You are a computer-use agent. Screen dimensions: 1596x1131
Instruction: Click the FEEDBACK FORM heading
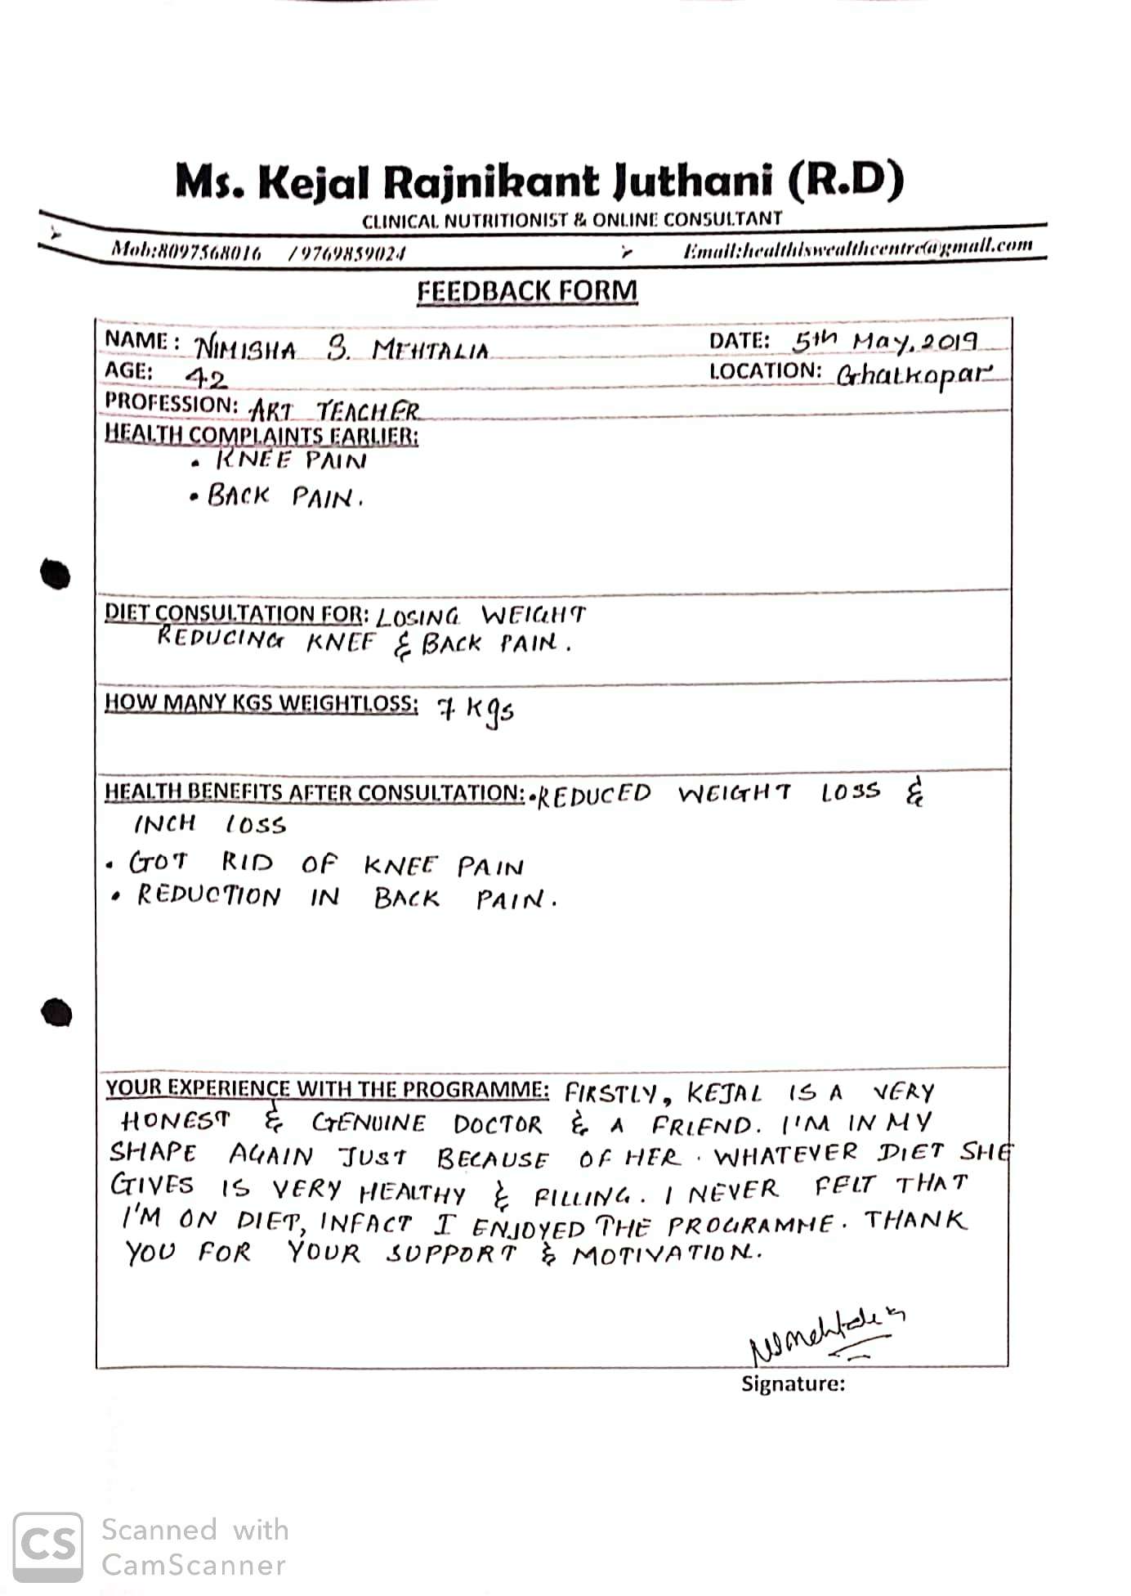click(527, 292)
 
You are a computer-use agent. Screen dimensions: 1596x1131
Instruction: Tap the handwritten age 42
click(205, 379)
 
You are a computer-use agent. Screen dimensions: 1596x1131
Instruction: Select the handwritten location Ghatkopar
click(914, 374)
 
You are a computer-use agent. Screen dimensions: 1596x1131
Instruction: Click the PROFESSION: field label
click(171, 403)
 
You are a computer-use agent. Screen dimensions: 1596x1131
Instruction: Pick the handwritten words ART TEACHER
click(334, 410)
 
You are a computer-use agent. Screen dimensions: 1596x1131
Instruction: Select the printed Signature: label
click(793, 1383)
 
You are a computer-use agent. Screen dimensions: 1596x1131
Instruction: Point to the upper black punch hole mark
click(56, 573)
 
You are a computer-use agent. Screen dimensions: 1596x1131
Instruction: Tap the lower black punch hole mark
click(56, 1012)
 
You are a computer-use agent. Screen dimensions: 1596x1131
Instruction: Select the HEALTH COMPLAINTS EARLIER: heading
click(262, 434)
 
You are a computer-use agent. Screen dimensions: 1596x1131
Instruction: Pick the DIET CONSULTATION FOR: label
click(236, 613)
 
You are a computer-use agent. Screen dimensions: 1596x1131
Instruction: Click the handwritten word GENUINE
click(369, 1123)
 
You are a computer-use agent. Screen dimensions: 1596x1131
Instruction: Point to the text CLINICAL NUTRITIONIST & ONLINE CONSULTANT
click(571, 220)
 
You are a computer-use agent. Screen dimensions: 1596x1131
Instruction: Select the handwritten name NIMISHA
click(246, 349)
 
